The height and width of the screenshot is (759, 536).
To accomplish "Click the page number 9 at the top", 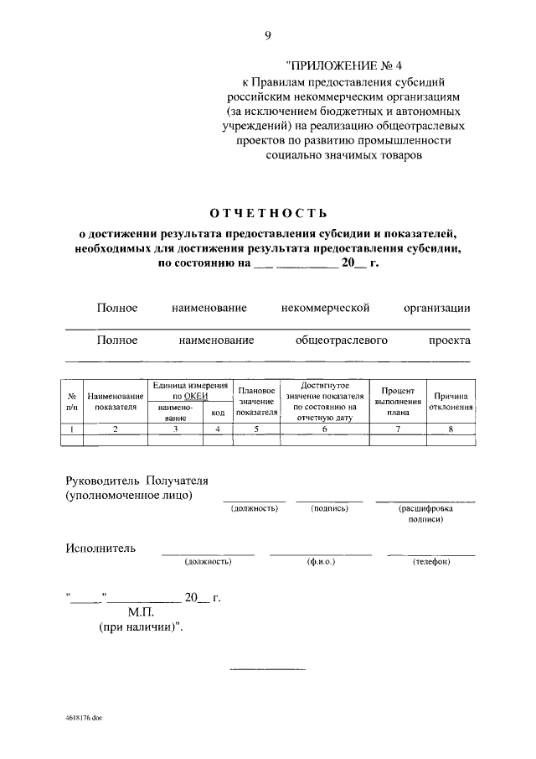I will (x=268, y=34).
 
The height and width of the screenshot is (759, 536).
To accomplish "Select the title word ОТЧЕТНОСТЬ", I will (x=268, y=212).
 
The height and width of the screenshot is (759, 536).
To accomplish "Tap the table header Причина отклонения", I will (x=451, y=402).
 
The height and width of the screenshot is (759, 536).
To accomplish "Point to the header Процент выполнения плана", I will (x=398, y=402).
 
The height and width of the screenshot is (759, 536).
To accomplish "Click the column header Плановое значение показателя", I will (x=256, y=402).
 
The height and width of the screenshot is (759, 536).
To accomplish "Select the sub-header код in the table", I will (x=218, y=413).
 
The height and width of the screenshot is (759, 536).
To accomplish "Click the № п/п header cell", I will (x=72, y=402).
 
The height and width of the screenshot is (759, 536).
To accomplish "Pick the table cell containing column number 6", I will (x=323, y=429).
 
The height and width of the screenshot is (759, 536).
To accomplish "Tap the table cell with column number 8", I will (x=451, y=429).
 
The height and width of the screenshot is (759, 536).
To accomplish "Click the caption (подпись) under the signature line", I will (x=329, y=509).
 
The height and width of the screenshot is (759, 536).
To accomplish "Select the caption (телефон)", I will (x=432, y=561).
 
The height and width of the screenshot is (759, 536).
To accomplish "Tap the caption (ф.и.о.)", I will (x=321, y=561).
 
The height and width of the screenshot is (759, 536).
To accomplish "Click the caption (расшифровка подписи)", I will (x=426, y=514).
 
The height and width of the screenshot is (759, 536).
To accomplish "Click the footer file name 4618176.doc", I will (x=82, y=719).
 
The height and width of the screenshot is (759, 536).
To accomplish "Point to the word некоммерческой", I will (x=327, y=309).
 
